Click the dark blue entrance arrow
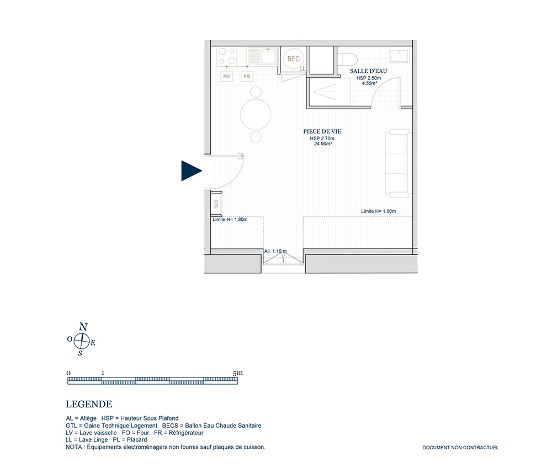point(190,171)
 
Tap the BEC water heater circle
point(293,59)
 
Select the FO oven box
point(226,76)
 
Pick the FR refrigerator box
point(247,76)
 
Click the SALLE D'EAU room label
point(368,71)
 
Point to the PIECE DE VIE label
point(322,131)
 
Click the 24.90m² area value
point(323,144)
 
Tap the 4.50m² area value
point(369,83)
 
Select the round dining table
point(256,114)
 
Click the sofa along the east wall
point(399,163)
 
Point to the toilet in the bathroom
point(347,59)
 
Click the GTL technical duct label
point(216,204)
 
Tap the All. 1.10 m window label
point(275,251)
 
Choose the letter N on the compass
point(83,327)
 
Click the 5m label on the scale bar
point(237,373)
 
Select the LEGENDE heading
point(89,404)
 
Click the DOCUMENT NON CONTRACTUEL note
point(460,448)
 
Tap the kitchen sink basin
point(268,56)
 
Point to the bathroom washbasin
point(399,56)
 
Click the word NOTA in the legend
point(73,447)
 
